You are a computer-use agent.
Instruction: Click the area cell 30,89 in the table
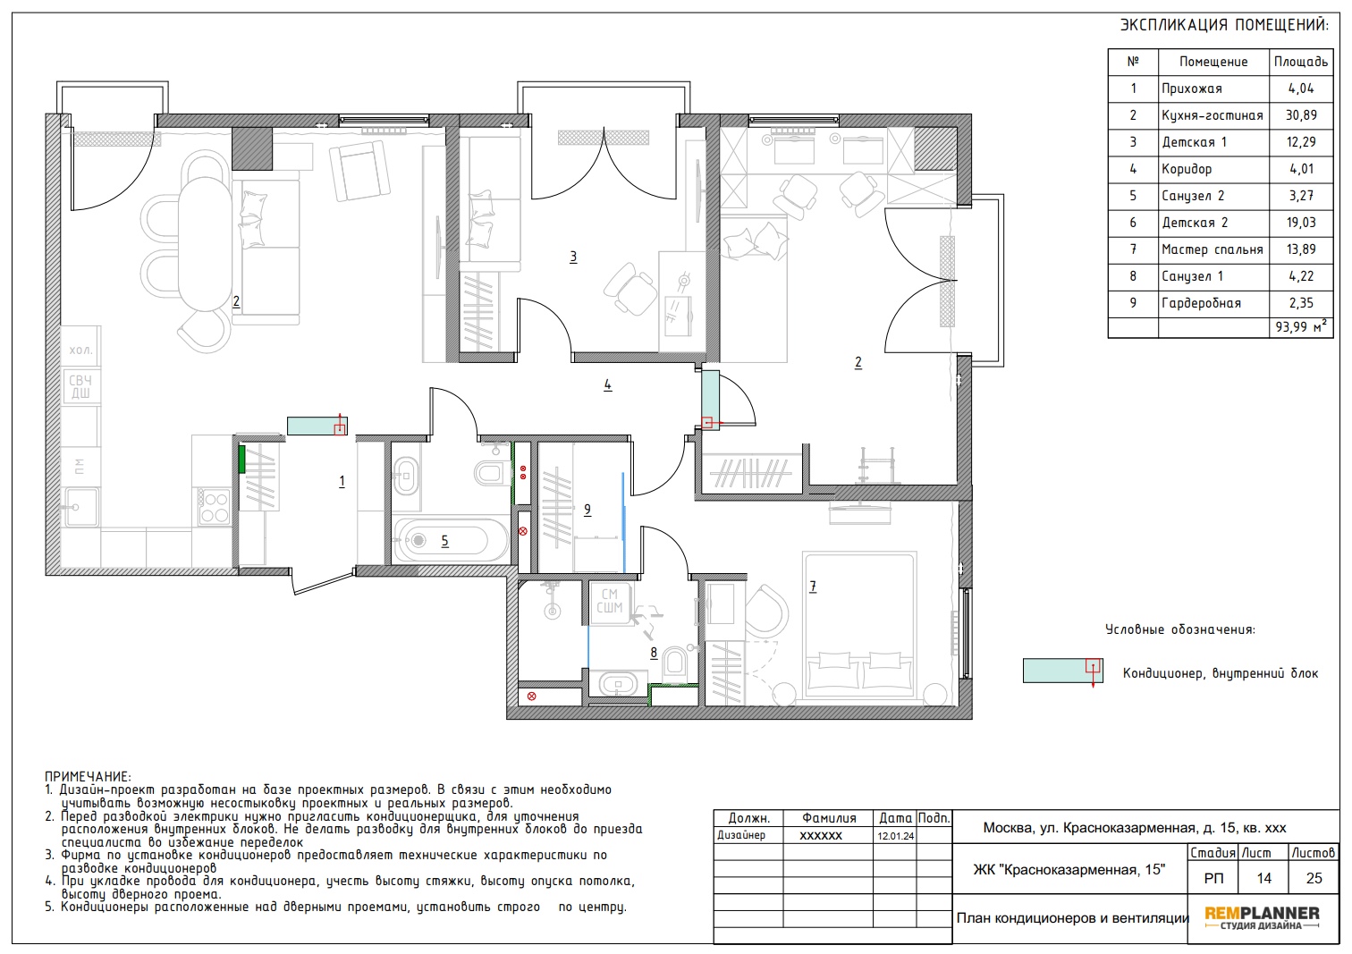click(x=1301, y=115)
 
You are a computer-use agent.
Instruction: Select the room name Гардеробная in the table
click(x=1201, y=303)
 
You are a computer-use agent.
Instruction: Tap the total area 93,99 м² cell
click(x=1301, y=327)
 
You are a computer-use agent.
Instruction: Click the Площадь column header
click(x=1301, y=62)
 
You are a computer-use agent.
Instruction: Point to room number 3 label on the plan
click(x=573, y=257)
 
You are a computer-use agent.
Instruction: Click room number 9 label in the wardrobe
click(x=587, y=510)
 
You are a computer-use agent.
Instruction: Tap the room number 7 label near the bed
click(x=813, y=587)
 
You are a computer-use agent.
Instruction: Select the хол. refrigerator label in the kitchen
click(x=80, y=350)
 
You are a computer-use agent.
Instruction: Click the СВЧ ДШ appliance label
click(x=80, y=387)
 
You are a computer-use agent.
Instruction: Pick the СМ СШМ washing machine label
click(x=610, y=602)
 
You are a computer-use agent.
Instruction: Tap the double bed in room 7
click(x=859, y=628)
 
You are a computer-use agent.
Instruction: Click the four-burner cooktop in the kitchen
click(x=215, y=507)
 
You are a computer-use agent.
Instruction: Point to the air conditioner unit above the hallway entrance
click(x=317, y=426)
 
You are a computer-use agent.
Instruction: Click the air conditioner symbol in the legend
click(x=1063, y=671)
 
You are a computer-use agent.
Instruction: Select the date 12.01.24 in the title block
click(x=896, y=836)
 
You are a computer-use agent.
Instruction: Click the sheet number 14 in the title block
click(x=1263, y=879)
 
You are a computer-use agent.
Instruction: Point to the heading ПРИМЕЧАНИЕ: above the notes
click(x=88, y=777)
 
